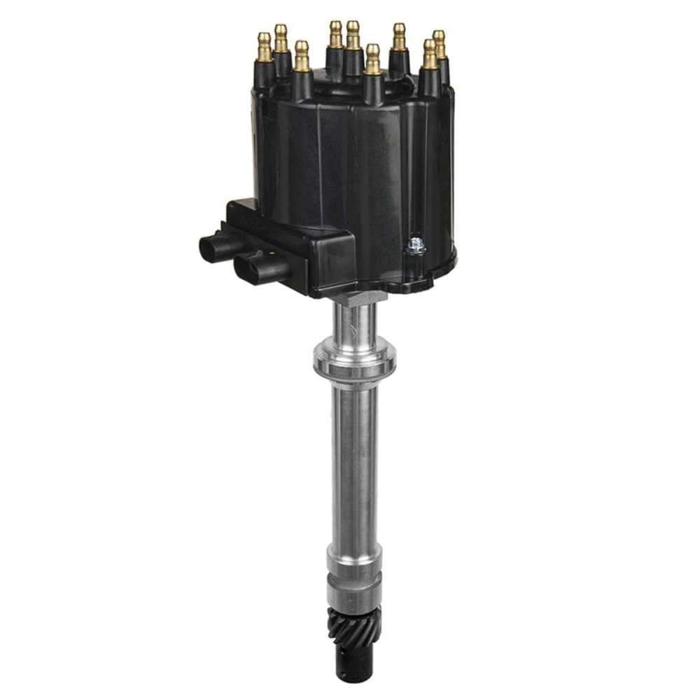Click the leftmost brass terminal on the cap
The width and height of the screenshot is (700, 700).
pyautogui.click(x=265, y=46)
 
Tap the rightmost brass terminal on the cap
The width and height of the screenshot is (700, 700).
pyautogui.click(x=439, y=43)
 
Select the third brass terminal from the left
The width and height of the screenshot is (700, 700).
pyautogui.click(x=302, y=55)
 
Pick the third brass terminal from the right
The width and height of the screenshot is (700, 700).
pyautogui.click(x=399, y=36)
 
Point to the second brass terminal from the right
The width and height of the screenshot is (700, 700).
pyautogui.click(x=429, y=54)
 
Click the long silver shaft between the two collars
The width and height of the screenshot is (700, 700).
pyautogui.click(x=353, y=462)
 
